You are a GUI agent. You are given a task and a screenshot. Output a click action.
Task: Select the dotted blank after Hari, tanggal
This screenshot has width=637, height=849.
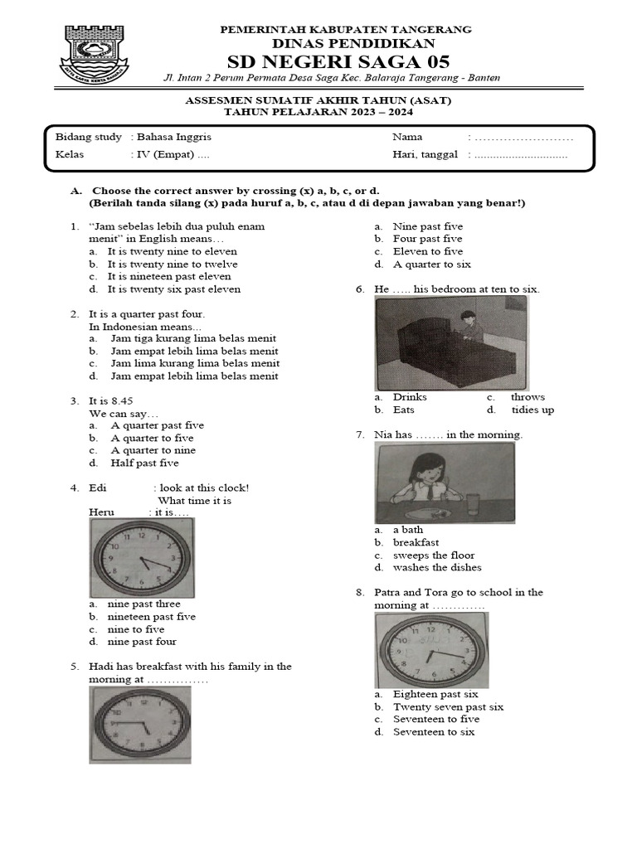click(x=521, y=154)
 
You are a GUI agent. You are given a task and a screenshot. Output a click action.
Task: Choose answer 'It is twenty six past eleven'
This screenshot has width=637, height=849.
click(x=174, y=289)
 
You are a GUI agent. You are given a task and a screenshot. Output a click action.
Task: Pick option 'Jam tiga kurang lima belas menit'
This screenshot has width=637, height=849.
click(x=194, y=338)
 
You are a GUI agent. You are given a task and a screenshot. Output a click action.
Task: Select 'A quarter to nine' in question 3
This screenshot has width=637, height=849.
click(x=153, y=450)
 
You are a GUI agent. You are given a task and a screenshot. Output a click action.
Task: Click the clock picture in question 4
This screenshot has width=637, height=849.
click(x=142, y=558)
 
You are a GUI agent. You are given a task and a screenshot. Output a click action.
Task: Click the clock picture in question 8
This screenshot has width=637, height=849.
click(x=431, y=649)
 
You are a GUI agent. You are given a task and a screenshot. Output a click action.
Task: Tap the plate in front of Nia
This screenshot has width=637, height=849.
click(x=434, y=514)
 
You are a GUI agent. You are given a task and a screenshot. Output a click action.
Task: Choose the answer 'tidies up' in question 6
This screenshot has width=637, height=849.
click(x=532, y=410)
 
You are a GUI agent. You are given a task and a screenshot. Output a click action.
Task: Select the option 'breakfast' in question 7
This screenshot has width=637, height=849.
click(x=416, y=542)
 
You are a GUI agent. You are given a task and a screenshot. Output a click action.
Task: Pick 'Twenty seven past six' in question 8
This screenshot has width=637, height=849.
click(x=448, y=706)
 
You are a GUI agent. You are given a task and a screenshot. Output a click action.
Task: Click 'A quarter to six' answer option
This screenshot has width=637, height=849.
click(x=431, y=264)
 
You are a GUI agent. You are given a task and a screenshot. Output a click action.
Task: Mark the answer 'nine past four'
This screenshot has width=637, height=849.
click(x=142, y=641)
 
